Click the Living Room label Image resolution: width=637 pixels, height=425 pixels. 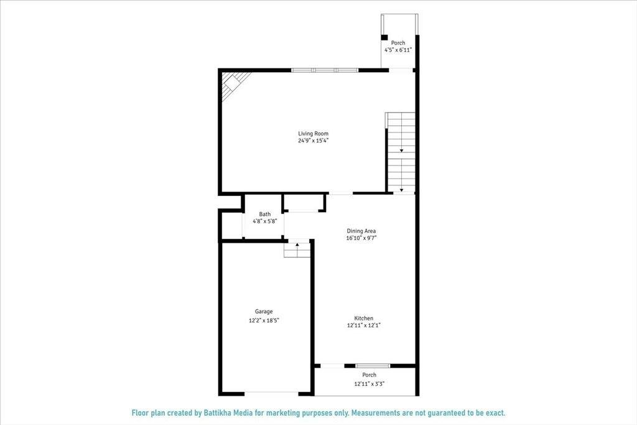[x=313, y=134]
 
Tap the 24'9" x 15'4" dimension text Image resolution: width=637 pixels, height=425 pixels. [x=313, y=141]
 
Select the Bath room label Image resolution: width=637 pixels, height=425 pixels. [x=265, y=214]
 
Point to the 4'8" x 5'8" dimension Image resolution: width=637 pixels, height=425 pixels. [x=265, y=221]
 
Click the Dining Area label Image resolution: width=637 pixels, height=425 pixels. [x=361, y=231]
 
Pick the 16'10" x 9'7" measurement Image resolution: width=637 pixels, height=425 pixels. [x=361, y=238]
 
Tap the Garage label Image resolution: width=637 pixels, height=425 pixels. [x=264, y=312]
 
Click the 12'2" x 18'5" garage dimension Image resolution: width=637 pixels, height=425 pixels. [x=264, y=320]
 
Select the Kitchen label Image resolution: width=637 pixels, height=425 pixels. [x=364, y=319]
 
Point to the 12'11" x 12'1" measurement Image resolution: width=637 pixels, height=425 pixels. [x=364, y=325]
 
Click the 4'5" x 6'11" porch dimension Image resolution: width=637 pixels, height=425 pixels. [x=398, y=50]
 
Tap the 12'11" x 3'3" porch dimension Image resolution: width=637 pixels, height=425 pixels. [x=370, y=384]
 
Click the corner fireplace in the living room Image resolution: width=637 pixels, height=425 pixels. [x=235, y=82]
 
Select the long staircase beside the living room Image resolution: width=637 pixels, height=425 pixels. [x=401, y=152]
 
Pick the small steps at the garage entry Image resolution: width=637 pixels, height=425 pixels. [x=297, y=250]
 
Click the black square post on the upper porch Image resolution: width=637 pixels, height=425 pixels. [x=384, y=37]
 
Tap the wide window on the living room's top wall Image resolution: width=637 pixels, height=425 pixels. [x=325, y=70]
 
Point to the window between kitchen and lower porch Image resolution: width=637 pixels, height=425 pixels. [x=373, y=365]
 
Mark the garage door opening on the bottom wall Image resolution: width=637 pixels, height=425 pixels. [x=271, y=393]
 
